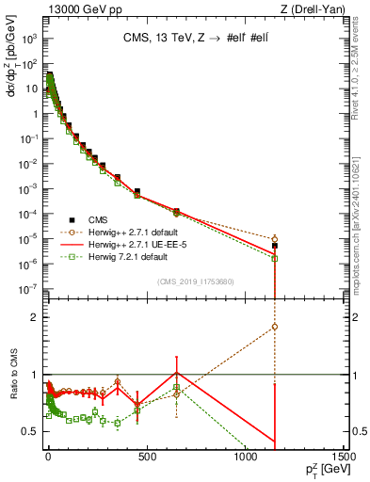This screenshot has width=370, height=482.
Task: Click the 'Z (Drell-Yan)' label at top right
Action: [315, 8]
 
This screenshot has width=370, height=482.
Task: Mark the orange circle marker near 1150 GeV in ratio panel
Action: [274, 327]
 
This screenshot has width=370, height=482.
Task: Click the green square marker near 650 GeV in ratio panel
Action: [176, 387]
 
